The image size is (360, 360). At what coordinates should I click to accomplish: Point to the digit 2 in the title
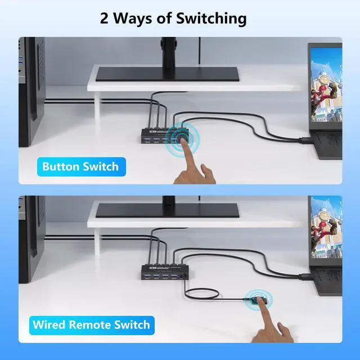point(105,18)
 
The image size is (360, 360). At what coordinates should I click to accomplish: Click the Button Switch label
point(80,166)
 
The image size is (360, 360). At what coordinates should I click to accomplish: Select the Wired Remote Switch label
point(91,325)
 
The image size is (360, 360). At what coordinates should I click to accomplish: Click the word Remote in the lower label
point(99,325)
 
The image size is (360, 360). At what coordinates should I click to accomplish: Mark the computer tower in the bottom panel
point(31,253)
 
